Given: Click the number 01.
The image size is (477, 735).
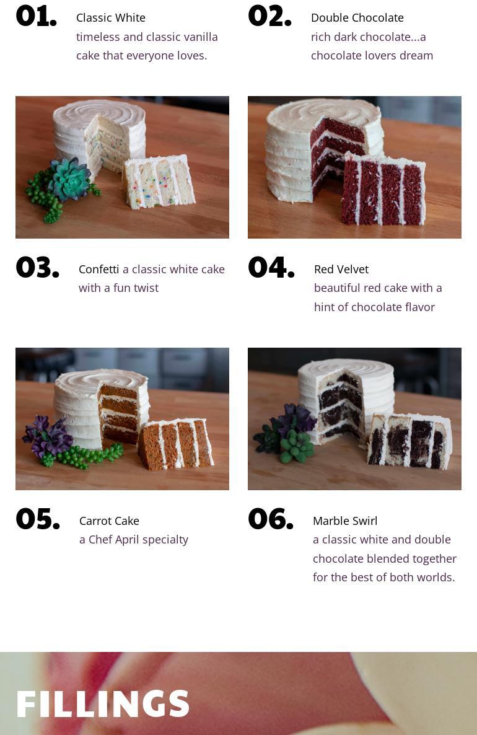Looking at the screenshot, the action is click(x=36, y=16).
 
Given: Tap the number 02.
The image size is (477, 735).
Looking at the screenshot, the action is click(x=269, y=16).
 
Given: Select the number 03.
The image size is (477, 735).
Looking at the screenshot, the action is click(x=38, y=267).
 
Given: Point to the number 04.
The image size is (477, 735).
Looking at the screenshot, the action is click(x=271, y=267).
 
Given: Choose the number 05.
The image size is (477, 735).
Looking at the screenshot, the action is click(x=38, y=519).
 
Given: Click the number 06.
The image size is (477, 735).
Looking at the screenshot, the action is click(x=271, y=519).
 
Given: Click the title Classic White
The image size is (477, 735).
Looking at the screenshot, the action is click(x=111, y=18).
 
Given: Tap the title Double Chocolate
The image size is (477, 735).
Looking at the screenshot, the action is click(x=357, y=18).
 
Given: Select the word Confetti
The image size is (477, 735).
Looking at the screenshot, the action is click(x=99, y=269).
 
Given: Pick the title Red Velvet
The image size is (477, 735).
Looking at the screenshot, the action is click(x=341, y=269).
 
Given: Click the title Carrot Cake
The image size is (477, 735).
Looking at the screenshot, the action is click(x=109, y=521).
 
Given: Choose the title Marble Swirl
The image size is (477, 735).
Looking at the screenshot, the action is click(x=345, y=521).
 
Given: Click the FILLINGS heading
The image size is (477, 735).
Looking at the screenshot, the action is click(x=103, y=703).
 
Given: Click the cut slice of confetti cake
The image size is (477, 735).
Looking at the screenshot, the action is click(x=159, y=182).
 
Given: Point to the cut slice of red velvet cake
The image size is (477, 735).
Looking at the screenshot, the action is click(x=383, y=188).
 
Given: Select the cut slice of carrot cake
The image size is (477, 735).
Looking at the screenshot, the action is click(x=176, y=444).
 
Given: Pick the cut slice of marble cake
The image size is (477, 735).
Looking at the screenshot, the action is click(x=409, y=441).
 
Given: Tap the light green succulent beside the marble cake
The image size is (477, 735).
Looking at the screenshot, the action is click(x=297, y=446).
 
